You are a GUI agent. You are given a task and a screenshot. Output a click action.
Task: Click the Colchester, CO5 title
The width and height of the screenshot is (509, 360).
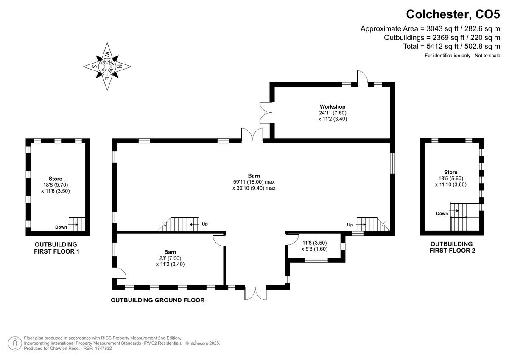(453, 14)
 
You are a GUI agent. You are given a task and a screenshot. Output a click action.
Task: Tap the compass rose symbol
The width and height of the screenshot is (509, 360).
(107, 66)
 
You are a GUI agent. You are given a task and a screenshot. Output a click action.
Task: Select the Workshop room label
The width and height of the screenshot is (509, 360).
(333, 106)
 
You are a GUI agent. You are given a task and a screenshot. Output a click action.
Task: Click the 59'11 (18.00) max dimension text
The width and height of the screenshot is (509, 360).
(254, 181)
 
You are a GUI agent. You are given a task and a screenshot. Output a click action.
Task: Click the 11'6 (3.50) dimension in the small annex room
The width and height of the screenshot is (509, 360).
(314, 243)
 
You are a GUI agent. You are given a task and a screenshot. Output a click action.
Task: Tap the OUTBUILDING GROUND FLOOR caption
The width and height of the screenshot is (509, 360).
(158, 300)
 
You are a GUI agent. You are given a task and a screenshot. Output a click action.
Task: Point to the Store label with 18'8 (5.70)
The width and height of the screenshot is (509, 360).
(55, 179)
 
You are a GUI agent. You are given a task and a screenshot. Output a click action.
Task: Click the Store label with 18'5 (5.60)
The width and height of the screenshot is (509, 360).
(450, 172)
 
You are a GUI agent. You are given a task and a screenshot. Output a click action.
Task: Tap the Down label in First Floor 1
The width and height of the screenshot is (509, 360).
(61, 227)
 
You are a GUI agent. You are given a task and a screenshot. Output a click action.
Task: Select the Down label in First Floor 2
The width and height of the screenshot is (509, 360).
(442, 214)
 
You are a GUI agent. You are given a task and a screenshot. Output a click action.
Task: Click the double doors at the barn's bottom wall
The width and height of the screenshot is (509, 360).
(256, 293)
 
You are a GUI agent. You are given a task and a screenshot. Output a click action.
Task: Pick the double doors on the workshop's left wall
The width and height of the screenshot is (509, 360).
(266, 113)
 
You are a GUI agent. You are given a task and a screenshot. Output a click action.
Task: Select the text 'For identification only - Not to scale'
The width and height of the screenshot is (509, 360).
(462, 56)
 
